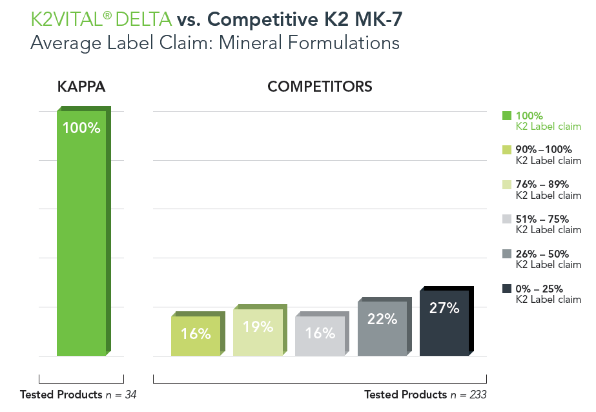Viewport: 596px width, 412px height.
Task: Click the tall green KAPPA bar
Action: coord(81,239)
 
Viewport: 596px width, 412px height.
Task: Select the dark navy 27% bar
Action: coord(444,329)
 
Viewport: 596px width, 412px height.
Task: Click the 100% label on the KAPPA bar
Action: coord(81,128)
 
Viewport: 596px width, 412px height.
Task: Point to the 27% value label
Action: coord(444,308)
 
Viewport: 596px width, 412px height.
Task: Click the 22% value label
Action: coord(382,318)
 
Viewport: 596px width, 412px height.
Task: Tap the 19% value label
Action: coord(258,327)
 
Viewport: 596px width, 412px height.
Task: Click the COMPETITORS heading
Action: coord(320,87)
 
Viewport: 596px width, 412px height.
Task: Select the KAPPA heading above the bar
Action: coord(81,87)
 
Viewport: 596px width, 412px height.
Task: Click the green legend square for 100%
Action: coord(507,116)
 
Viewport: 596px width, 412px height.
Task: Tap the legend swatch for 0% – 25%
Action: coord(507,288)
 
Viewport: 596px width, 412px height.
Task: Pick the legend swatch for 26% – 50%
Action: coord(507,254)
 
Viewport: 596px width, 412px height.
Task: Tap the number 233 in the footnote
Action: coord(477,395)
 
